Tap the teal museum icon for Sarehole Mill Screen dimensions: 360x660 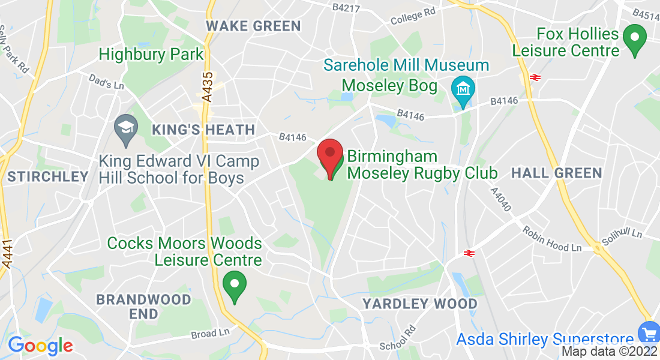(463, 90)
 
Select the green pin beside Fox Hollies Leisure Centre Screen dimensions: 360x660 (634, 39)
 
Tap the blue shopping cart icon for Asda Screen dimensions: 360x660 (648, 332)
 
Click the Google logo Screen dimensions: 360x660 (40, 346)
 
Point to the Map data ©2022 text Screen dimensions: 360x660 (609, 351)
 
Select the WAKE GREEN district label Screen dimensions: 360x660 (253, 26)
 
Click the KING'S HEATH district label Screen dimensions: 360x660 (203, 130)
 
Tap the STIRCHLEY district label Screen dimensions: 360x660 (48, 176)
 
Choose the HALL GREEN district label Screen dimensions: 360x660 (556, 173)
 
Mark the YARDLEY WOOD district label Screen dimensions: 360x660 (419, 304)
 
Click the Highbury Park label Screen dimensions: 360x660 (151, 54)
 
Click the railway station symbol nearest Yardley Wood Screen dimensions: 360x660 (469, 253)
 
